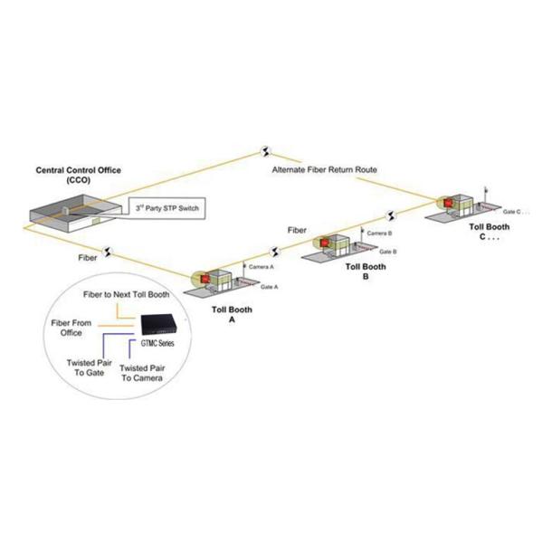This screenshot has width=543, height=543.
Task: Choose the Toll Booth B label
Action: (x=366, y=271)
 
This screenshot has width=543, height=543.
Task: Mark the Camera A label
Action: (x=262, y=269)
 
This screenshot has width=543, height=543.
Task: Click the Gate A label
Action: (x=269, y=286)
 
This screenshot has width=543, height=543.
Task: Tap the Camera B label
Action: (x=379, y=233)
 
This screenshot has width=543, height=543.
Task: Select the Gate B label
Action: (x=387, y=251)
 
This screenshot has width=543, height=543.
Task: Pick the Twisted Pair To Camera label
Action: (x=141, y=373)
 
